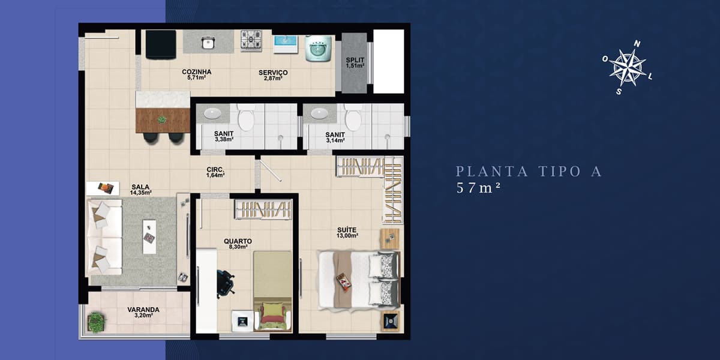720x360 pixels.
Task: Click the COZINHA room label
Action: (x=196, y=72)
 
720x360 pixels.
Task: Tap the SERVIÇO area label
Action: (x=273, y=73)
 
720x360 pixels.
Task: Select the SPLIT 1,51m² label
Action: (x=355, y=62)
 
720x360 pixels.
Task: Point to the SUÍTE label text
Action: (x=347, y=230)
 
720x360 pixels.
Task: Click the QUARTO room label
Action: (x=238, y=241)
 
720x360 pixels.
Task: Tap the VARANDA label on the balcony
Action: (x=143, y=310)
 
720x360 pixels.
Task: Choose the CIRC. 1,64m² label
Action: (x=215, y=172)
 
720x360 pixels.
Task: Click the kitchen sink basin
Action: (x=208, y=43)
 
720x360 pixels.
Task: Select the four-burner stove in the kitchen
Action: (x=251, y=41)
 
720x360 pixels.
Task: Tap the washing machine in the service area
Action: (x=318, y=48)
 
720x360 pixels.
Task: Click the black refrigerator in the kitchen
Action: (x=161, y=44)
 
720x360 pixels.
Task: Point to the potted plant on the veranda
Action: (x=96, y=322)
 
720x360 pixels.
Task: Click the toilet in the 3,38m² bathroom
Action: (x=247, y=118)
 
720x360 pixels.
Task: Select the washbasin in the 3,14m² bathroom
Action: (x=319, y=113)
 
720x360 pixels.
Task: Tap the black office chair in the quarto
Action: (x=226, y=283)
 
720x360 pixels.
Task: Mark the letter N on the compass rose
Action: (x=637, y=44)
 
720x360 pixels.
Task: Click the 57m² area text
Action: (x=479, y=188)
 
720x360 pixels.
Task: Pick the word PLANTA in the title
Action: (x=492, y=172)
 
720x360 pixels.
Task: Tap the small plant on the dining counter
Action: (x=163, y=119)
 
